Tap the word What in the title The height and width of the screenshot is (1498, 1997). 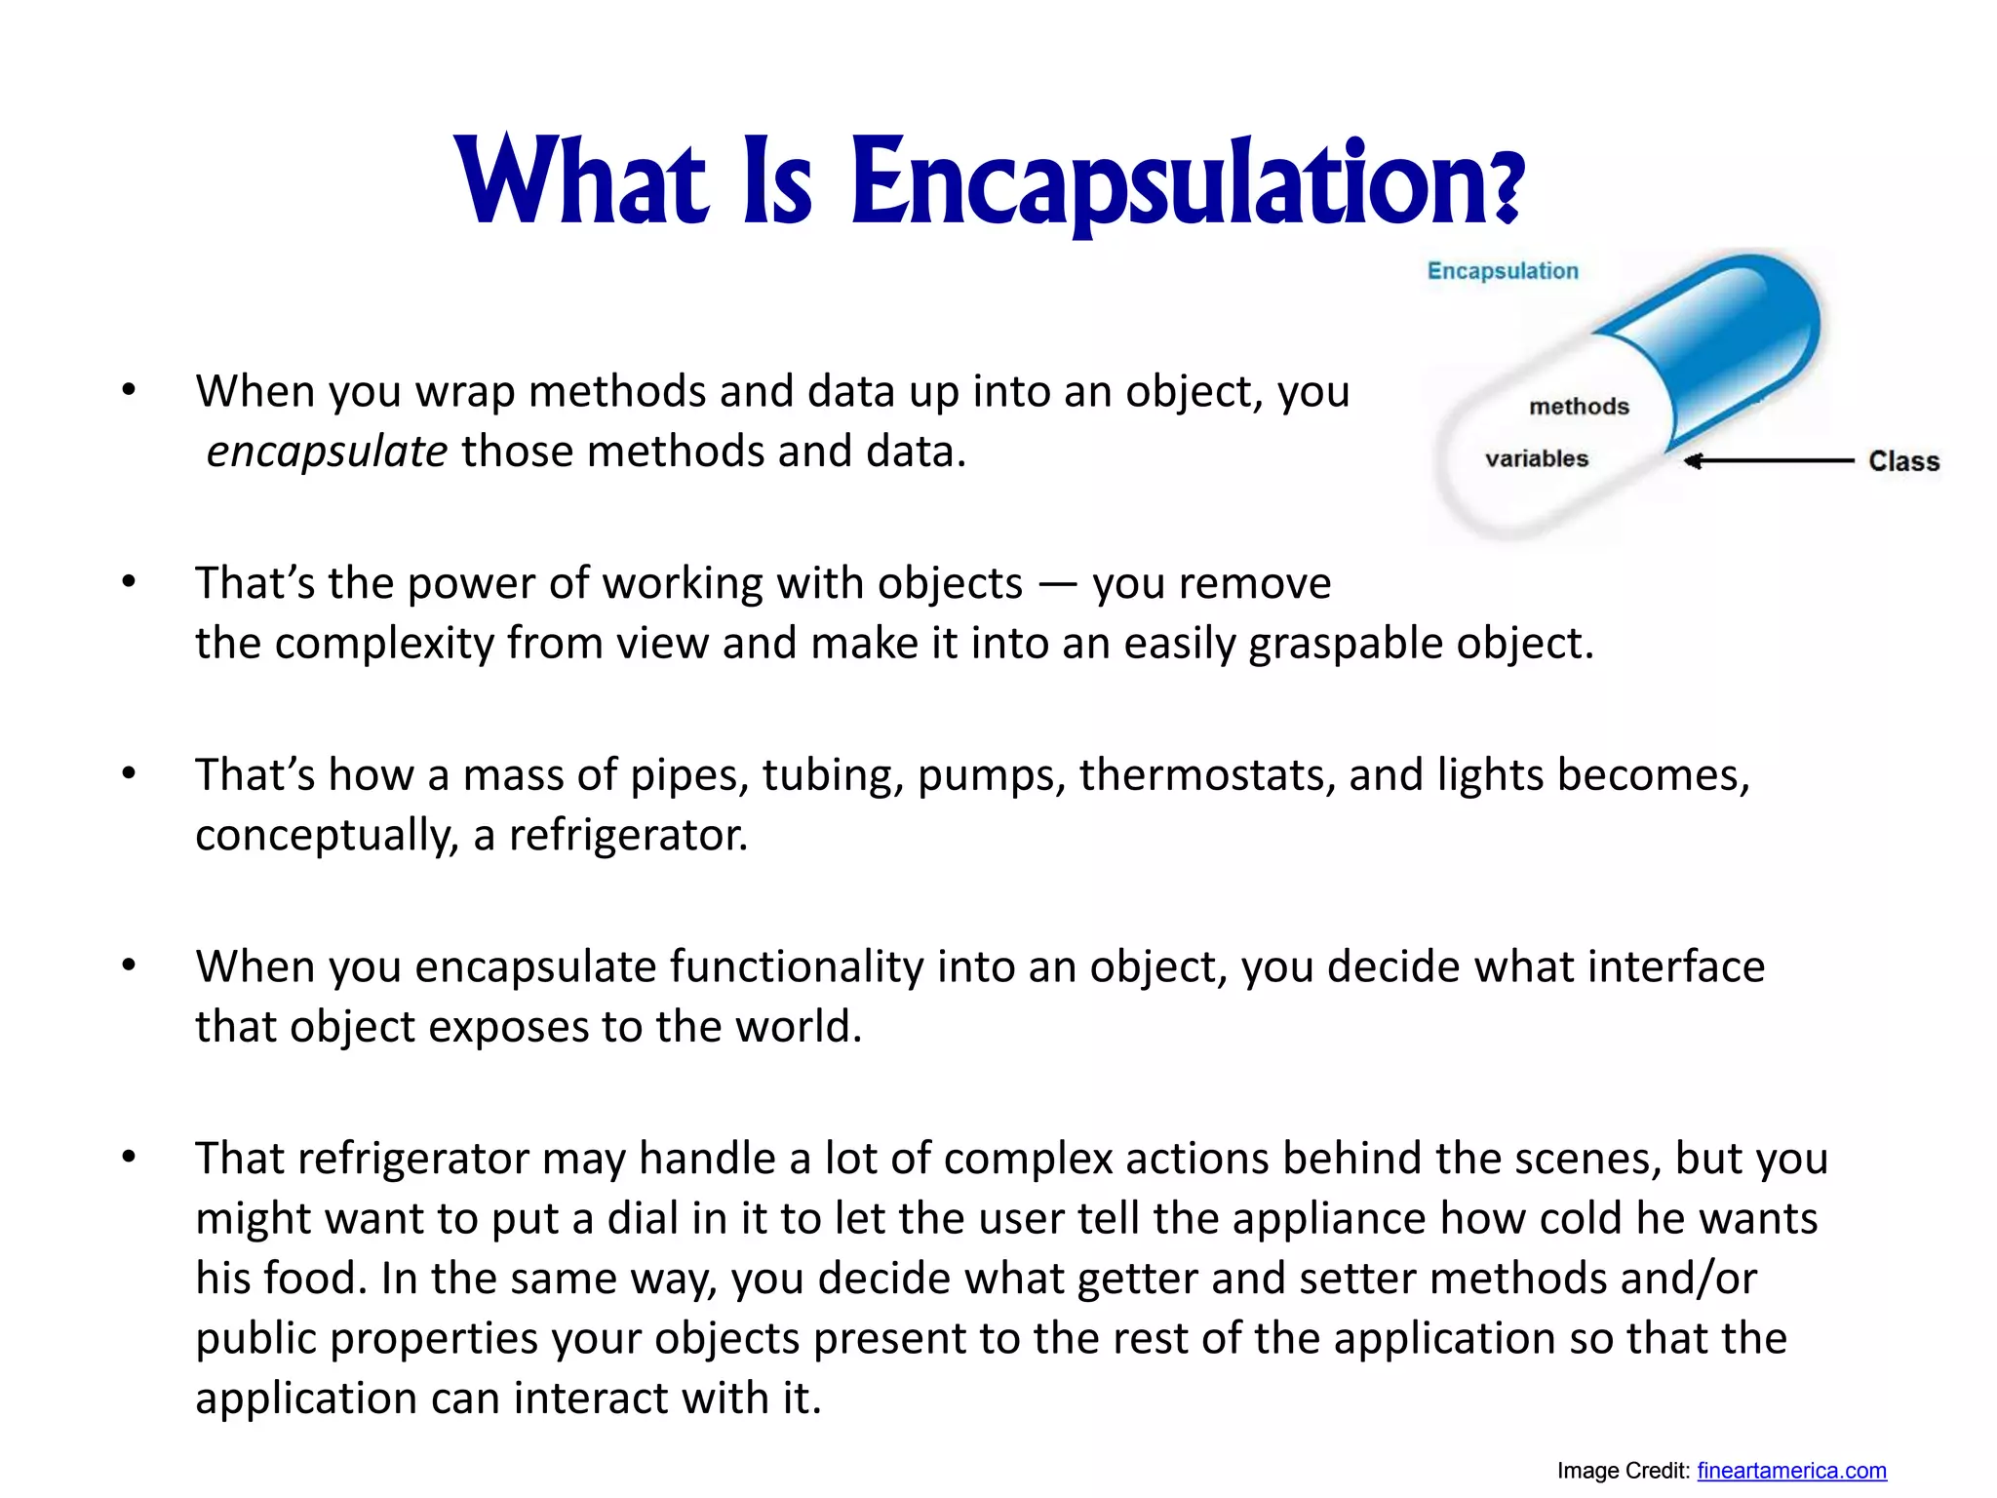point(581,183)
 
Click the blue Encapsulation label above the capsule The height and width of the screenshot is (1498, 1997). point(1503,271)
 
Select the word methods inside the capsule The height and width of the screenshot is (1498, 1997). point(1579,407)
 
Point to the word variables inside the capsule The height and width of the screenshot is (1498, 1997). point(1537,458)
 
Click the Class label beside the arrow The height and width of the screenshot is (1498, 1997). point(1903,461)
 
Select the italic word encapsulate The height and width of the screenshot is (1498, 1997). point(327,453)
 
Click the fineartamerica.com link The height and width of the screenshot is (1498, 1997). point(1791,1471)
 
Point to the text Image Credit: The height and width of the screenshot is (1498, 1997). point(1623,1471)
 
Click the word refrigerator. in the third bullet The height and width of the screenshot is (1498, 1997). point(628,836)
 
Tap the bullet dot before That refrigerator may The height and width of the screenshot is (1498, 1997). point(129,1158)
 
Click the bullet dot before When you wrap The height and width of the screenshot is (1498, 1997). point(129,391)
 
